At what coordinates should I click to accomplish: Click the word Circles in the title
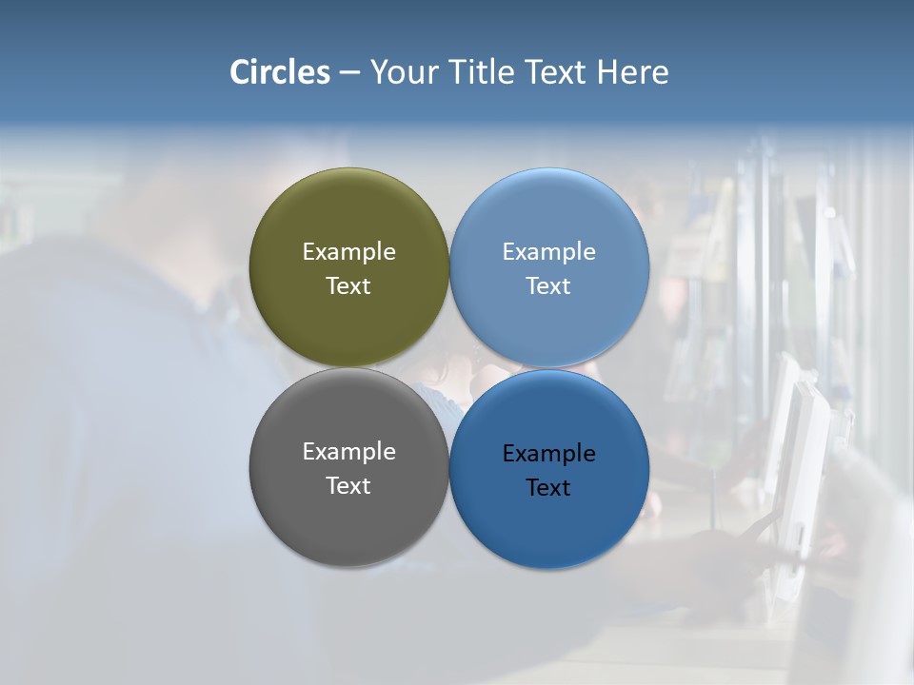click(x=279, y=72)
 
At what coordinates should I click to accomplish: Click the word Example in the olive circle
click(x=348, y=252)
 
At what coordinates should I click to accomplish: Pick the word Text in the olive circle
click(x=348, y=286)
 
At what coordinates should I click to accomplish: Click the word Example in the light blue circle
click(x=548, y=252)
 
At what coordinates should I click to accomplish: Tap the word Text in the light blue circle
click(x=548, y=286)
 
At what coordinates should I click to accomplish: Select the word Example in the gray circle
click(x=348, y=452)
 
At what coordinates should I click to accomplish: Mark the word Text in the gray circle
click(x=348, y=486)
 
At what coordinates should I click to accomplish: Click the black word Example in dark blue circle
click(x=548, y=454)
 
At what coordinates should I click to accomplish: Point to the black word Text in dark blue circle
click(x=548, y=488)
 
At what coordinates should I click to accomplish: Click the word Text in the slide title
click(x=557, y=72)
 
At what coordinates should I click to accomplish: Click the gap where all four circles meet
click(x=449, y=368)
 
